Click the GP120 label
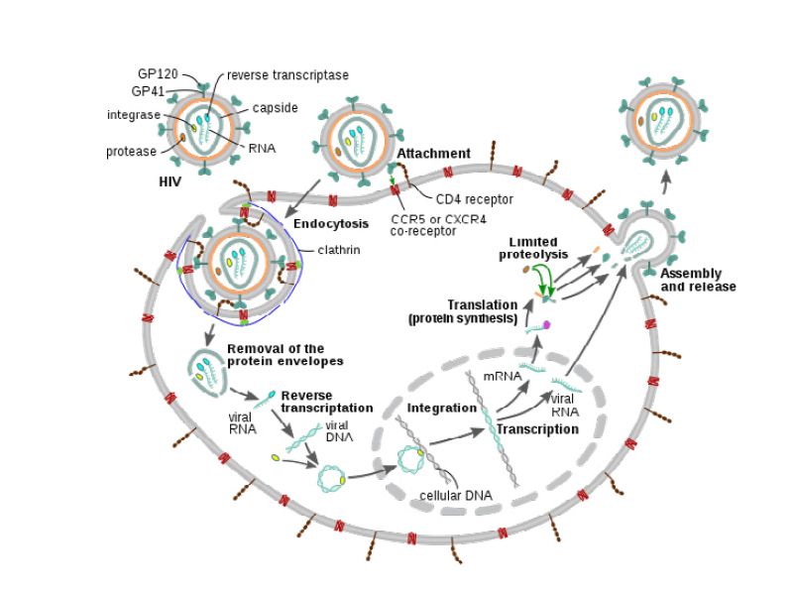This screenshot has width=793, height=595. (x=158, y=73)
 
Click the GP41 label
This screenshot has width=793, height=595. (x=153, y=91)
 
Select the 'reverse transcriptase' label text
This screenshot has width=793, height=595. (x=287, y=74)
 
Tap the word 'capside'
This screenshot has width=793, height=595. (x=275, y=107)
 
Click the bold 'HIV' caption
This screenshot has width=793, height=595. (x=170, y=184)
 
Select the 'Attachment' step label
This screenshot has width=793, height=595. (x=433, y=154)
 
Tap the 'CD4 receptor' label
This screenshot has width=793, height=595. (x=473, y=198)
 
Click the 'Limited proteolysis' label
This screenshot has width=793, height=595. (x=533, y=248)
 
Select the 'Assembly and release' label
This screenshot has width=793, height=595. (x=698, y=280)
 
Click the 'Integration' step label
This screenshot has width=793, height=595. (x=442, y=408)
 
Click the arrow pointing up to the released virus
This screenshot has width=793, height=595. (x=664, y=179)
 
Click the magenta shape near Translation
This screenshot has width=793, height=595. (x=545, y=325)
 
